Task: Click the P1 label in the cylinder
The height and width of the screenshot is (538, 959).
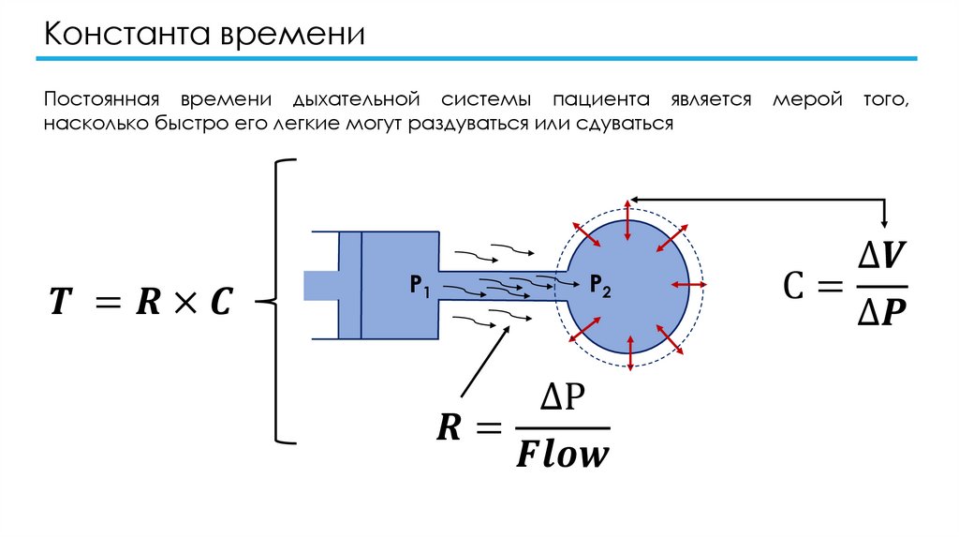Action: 418,285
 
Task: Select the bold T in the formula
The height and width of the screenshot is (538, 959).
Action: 60,302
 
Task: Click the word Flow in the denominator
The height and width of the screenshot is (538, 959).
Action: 562,456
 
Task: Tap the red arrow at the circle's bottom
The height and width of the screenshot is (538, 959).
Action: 630,354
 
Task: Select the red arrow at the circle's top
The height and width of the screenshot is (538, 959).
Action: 627,217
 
